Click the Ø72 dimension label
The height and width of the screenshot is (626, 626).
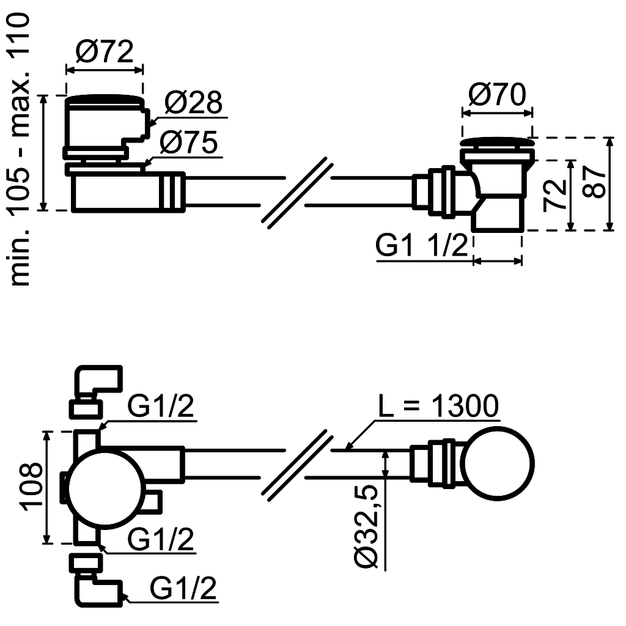click(104, 52)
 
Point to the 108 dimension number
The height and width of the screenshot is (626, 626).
click(29, 487)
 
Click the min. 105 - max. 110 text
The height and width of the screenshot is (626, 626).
click(20, 150)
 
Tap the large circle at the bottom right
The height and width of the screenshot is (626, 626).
click(499, 463)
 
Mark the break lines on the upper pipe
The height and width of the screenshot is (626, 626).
click(298, 193)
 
